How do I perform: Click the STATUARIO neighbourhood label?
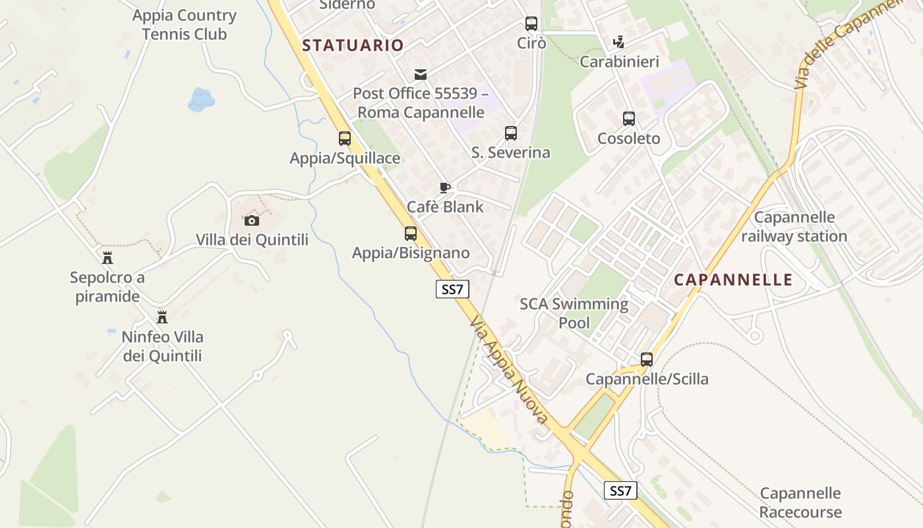click(x=353, y=46)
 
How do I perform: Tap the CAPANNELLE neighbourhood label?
click(x=733, y=280)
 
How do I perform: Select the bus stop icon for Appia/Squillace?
click(x=345, y=139)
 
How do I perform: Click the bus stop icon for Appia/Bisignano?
click(x=411, y=234)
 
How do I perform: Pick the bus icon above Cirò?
click(x=531, y=24)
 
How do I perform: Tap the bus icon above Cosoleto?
click(x=629, y=119)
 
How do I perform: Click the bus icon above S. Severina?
click(x=511, y=133)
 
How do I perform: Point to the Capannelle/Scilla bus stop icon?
click(x=647, y=360)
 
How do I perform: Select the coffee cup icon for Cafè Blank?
click(x=445, y=187)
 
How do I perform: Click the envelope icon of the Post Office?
click(x=421, y=75)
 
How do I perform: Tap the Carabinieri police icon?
click(x=618, y=42)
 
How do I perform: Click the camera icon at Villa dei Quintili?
click(x=252, y=220)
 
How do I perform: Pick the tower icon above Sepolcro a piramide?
click(x=107, y=258)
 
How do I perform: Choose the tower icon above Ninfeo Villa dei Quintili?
click(x=162, y=317)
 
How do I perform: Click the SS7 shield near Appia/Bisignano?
click(x=452, y=289)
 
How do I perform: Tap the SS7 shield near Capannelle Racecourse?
click(x=620, y=490)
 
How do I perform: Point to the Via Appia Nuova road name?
click(x=509, y=370)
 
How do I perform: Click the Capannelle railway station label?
click(x=794, y=226)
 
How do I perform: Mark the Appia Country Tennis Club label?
click(x=184, y=24)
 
